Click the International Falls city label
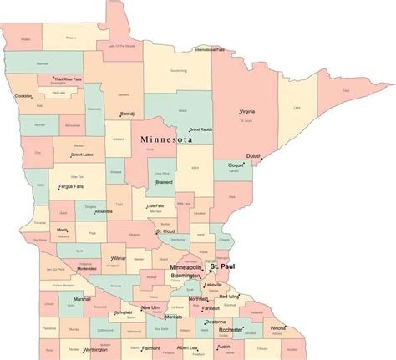pos(211,50)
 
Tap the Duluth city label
pos(256,155)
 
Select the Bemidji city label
pos(127,113)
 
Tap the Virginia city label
pos(247,111)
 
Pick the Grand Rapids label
pos(201,129)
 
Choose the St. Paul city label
pos(221,266)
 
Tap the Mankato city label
pos(174,317)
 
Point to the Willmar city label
pos(119,259)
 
